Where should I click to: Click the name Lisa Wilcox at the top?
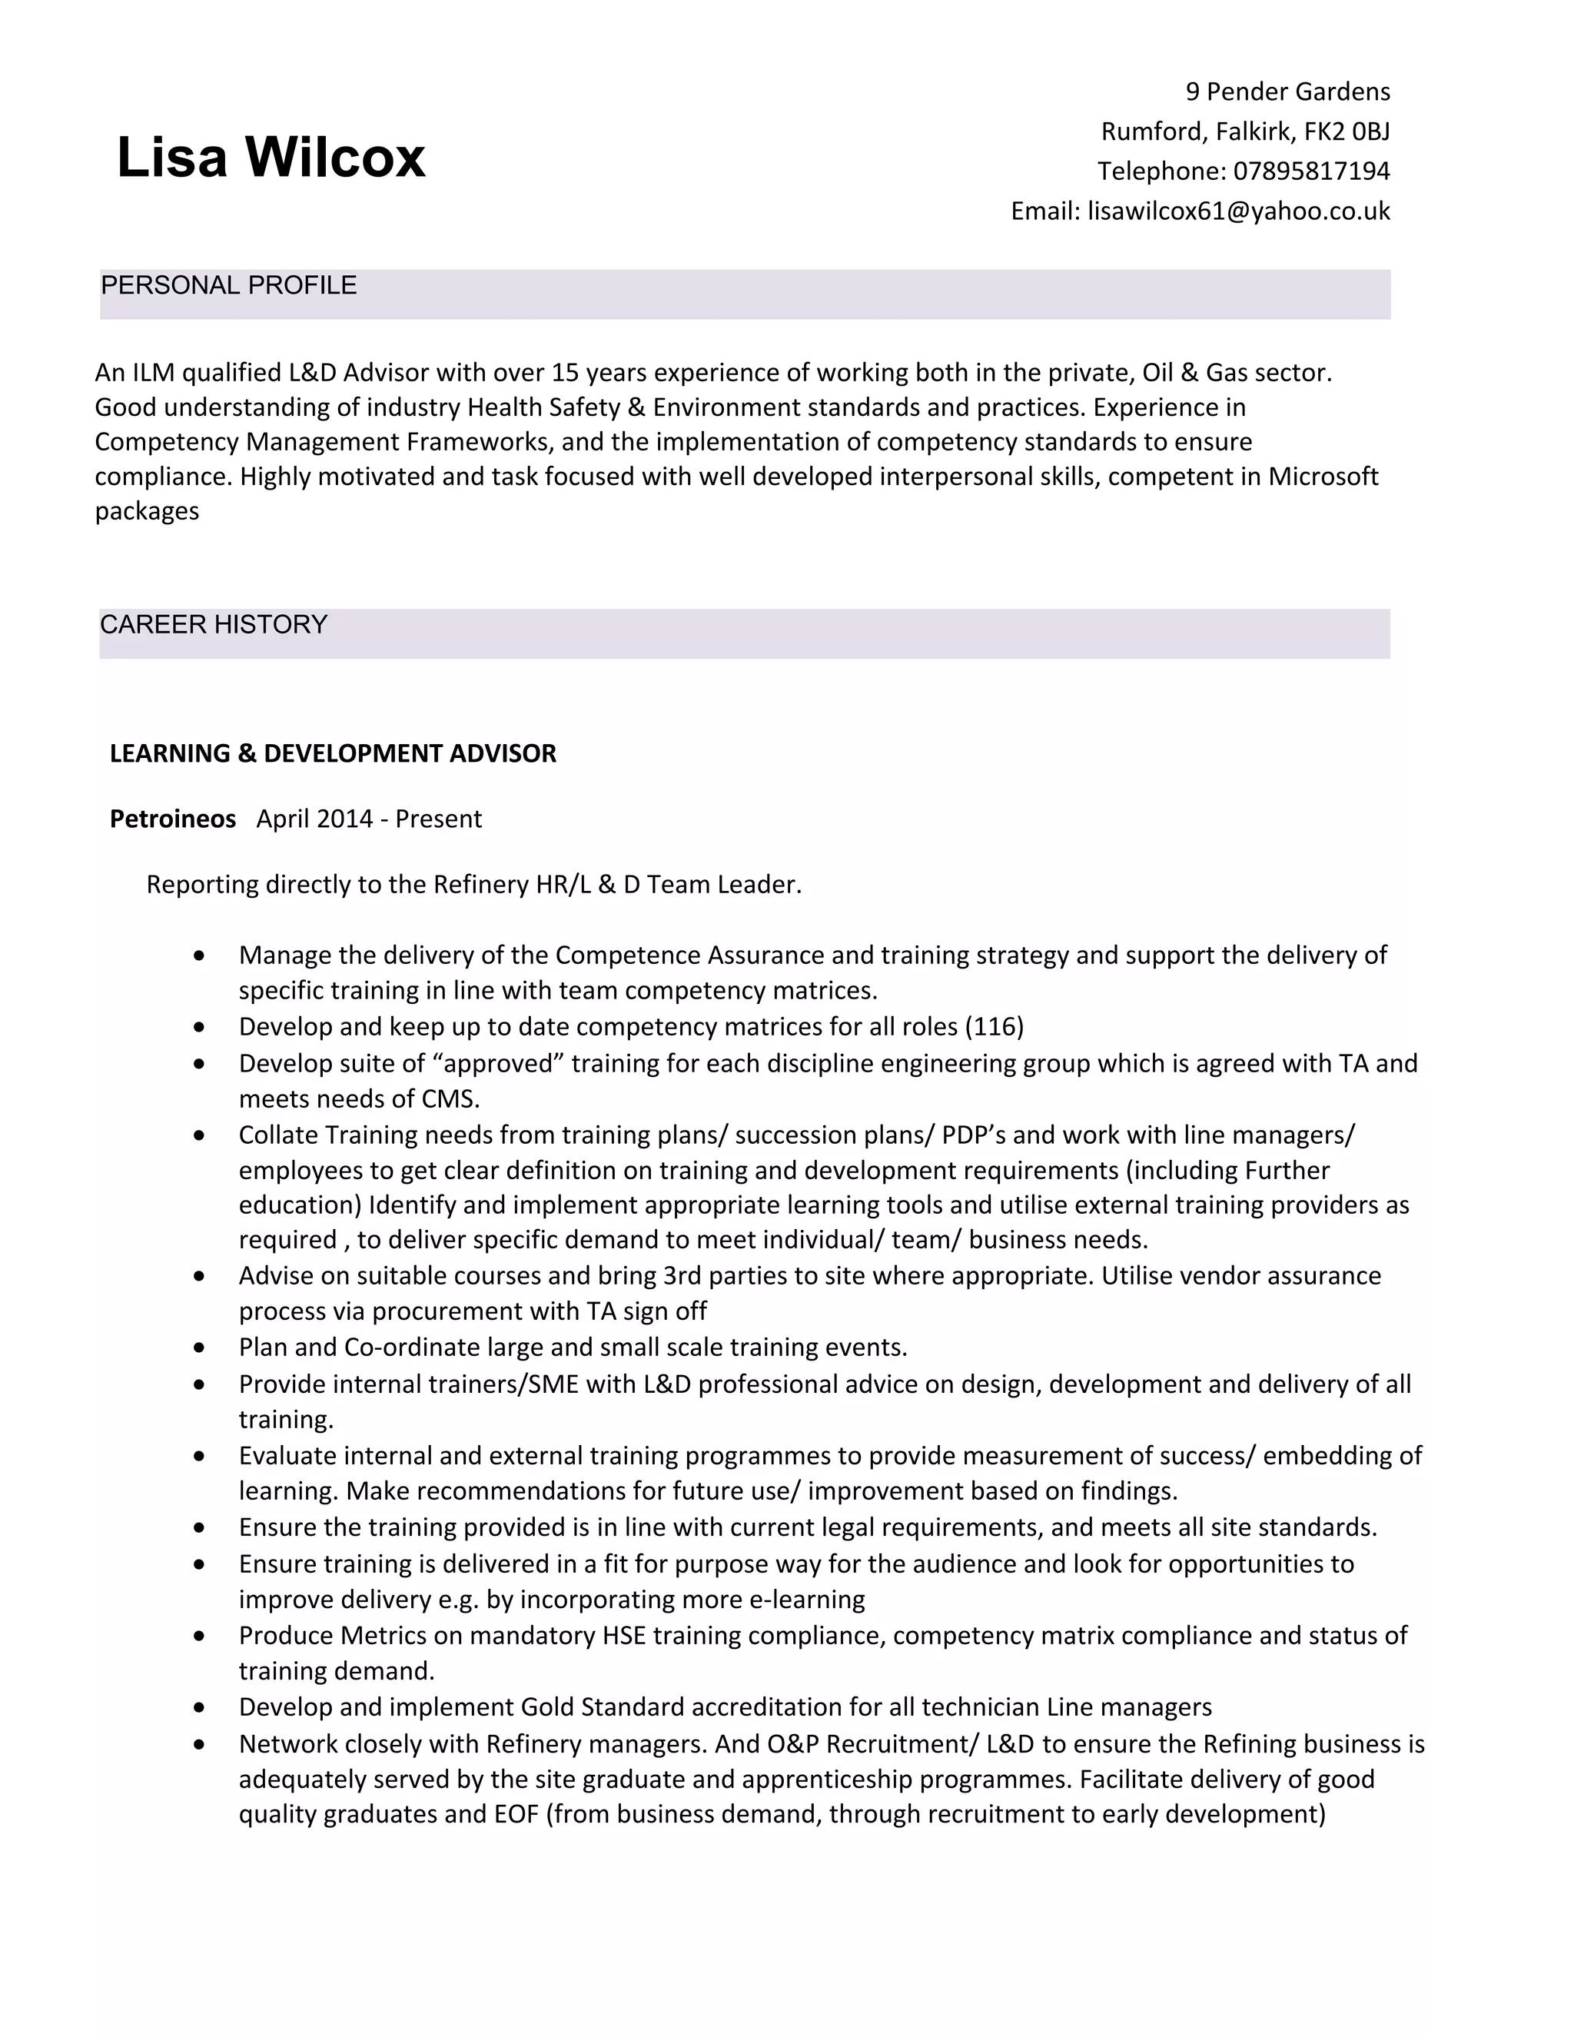click(271, 157)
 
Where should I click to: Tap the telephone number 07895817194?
click(1311, 171)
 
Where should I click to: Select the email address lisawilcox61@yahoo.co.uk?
click(1238, 211)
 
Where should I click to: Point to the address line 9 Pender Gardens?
click(1287, 91)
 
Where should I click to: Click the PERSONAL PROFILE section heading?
click(228, 285)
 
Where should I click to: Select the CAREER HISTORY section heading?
click(214, 625)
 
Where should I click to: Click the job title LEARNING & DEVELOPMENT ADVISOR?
click(333, 753)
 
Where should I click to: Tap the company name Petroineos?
click(172, 819)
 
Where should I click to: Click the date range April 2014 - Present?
click(369, 819)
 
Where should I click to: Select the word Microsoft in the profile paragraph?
click(1322, 477)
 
